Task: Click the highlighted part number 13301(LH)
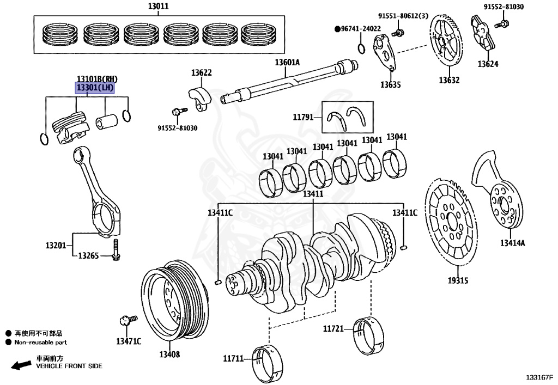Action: click(x=95, y=88)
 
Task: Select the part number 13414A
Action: click(x=513, y=243)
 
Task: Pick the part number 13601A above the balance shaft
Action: click(x=287, y=63)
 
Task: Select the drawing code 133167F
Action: click(x=539, y=377)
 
